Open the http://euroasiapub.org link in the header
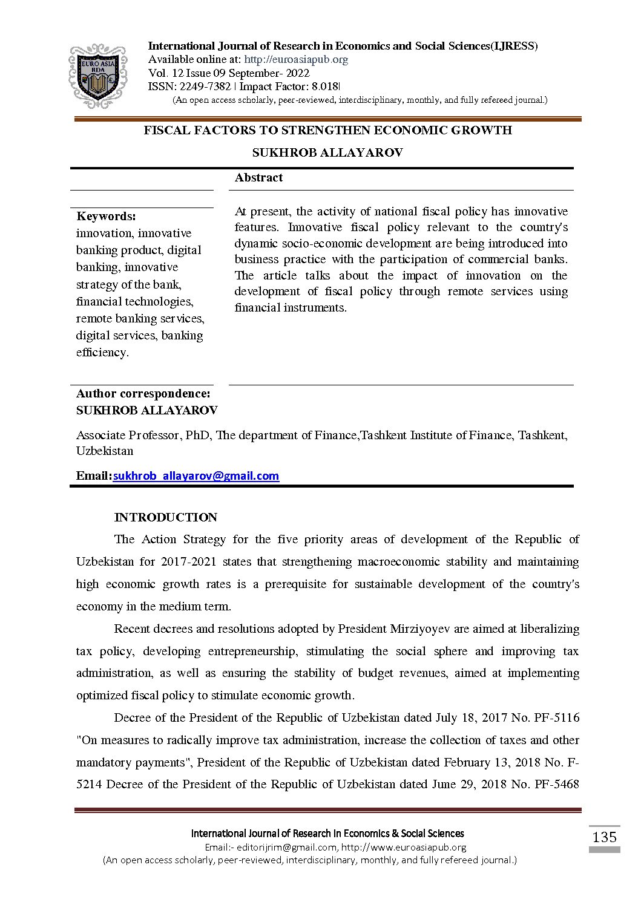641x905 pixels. tap(296, 59)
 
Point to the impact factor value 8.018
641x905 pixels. tap(325, 87)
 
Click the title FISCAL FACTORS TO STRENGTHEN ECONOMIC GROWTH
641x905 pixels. tap(327, 130)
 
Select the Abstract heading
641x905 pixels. tap(258, 177)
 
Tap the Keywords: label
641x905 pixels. tap(106, 216)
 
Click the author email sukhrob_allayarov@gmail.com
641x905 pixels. tap(196, 476)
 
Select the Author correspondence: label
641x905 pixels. tap(143, 393)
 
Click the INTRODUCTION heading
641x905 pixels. tap(165, 517)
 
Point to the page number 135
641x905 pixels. tap(604, 837)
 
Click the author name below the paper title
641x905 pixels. tap(327, 152)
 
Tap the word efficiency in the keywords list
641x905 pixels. tap(102, 352)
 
